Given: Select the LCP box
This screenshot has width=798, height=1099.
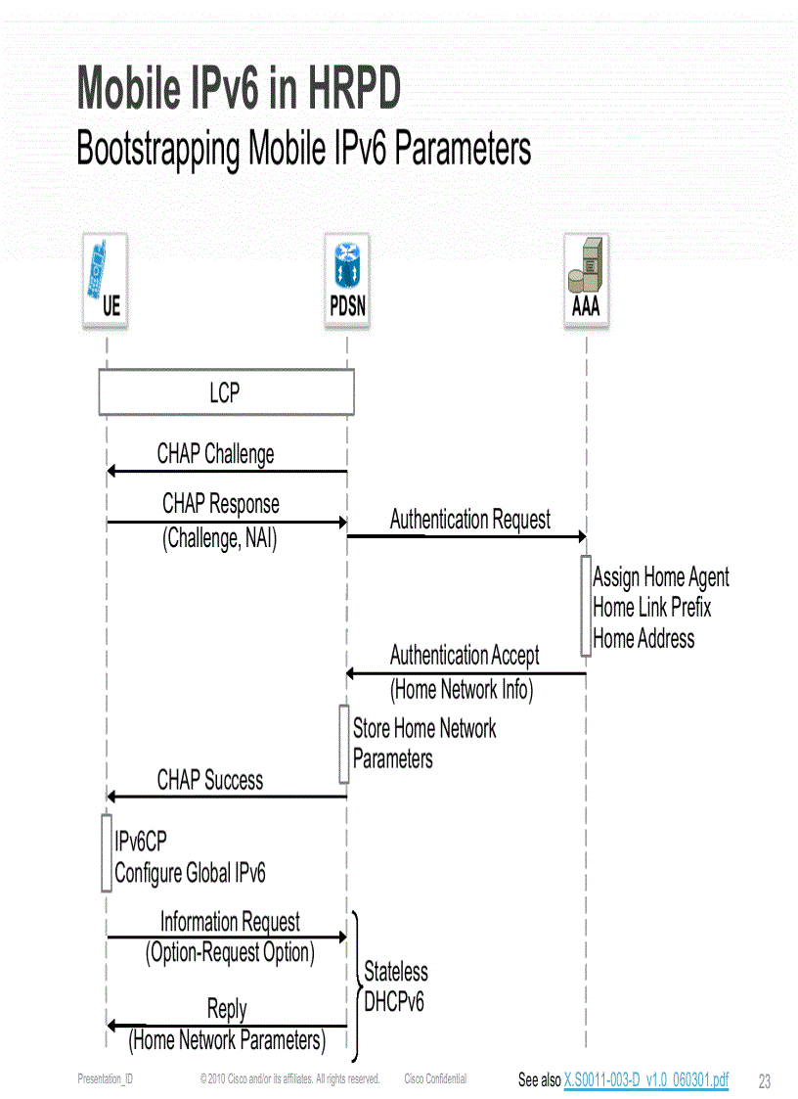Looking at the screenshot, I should coord(226,393).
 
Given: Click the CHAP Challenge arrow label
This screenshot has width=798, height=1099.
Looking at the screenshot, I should coord(215,454).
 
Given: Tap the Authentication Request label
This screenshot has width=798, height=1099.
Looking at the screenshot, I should coord(469,520).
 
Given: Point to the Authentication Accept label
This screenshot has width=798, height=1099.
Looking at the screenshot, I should coord(465,655).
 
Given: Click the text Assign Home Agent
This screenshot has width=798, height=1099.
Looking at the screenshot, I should coord(660,577).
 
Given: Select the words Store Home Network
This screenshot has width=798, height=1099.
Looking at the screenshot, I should coord(423,729).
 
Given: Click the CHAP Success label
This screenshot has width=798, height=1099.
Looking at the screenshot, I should coord(210,780).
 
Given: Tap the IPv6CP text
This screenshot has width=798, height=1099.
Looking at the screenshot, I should coord(141,842).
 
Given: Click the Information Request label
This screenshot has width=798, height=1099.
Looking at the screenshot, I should coord(230,922).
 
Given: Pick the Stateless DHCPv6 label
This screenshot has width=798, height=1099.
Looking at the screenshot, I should coord(395,986).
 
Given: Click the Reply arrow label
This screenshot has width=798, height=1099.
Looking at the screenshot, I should coord(227,1009).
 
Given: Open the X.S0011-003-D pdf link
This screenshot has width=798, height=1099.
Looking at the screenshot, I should coord(645,1079).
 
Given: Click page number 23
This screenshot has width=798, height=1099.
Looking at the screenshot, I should coord(765,1081).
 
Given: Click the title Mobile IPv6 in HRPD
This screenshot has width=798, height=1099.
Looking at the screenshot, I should coord(239,89).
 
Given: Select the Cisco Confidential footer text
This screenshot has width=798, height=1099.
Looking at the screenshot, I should coord(435,1078).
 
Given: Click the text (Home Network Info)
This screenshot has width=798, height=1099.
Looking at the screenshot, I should coord(462,690).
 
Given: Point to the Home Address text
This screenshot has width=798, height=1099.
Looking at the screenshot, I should coord(643,639).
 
